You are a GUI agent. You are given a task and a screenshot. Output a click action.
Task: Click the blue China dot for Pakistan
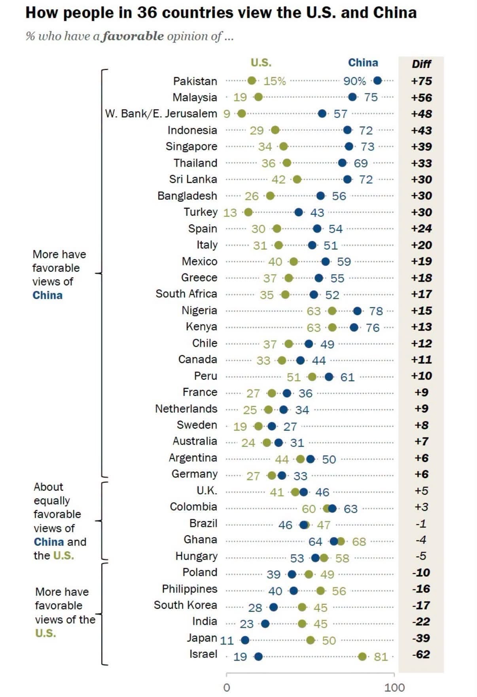(377, 81)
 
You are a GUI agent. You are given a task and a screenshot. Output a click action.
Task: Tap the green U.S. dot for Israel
(362, 657)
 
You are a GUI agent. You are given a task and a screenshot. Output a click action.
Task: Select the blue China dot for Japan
(245, 640)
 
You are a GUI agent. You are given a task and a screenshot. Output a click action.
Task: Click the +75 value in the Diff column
(421, 81)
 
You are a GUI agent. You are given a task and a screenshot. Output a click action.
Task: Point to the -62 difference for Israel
(421, 655)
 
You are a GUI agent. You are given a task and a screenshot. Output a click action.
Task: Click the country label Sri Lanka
(193, 179)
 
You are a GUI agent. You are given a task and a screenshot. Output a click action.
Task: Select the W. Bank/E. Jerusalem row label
(161, 114)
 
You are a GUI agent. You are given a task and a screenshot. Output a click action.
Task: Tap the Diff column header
(421, 64)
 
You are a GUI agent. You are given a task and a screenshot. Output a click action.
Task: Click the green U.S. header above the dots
(261, 63)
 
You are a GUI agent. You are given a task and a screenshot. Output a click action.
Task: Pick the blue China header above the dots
(363, 63)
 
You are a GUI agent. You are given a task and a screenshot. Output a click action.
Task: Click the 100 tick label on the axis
(394, 688)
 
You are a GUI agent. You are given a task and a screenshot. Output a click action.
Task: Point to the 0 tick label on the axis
(227, 688)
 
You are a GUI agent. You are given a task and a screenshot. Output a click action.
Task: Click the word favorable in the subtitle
(133, 36)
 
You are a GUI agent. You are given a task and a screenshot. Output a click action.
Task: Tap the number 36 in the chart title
(146, 13)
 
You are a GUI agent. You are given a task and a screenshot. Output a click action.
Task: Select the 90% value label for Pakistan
(354, 81)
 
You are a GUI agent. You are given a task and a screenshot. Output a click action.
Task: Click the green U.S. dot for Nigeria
(332, 311)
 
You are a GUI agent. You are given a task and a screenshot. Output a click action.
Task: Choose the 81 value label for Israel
(380, 657)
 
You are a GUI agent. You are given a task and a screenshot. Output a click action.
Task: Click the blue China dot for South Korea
(273, 607)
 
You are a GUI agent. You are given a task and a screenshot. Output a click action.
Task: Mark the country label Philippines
(189, 589)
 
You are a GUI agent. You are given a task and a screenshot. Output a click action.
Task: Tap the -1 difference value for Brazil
(421, 524)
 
